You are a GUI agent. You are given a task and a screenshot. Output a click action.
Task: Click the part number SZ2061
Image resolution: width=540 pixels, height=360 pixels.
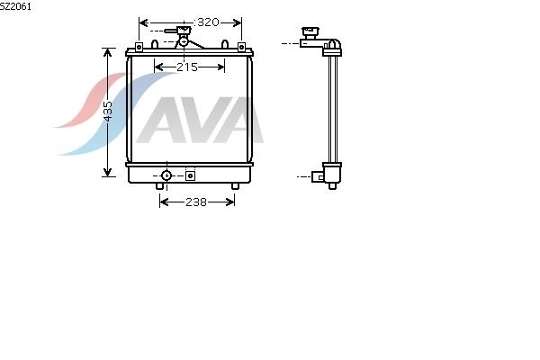(15, 6)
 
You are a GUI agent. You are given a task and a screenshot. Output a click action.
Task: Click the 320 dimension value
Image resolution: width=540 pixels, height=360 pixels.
(208, 22)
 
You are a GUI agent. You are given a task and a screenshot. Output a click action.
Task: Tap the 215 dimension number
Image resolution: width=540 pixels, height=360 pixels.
(187, 67)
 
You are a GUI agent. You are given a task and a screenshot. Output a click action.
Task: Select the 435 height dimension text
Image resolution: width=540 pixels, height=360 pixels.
(108, 112)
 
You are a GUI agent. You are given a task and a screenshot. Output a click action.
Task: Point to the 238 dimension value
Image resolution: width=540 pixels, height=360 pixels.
(196, 202)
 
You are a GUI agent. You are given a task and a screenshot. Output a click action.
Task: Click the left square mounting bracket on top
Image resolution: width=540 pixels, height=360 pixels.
(139, 47)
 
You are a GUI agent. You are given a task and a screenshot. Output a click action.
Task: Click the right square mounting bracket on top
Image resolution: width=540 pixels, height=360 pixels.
(241, 47)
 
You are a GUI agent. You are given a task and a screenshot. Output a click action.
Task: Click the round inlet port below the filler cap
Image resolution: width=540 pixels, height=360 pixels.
(184, 41)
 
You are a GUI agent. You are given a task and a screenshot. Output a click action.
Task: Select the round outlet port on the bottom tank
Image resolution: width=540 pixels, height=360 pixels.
(166, 175)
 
